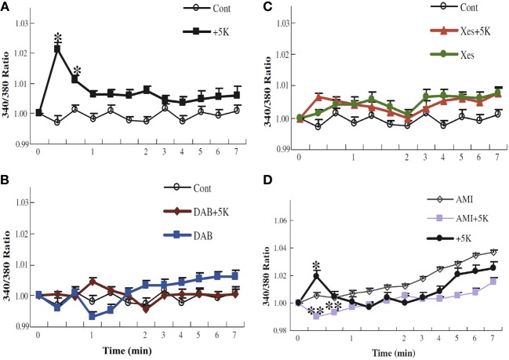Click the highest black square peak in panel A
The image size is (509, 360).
[57, 49]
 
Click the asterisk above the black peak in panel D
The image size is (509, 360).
[316, 265]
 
